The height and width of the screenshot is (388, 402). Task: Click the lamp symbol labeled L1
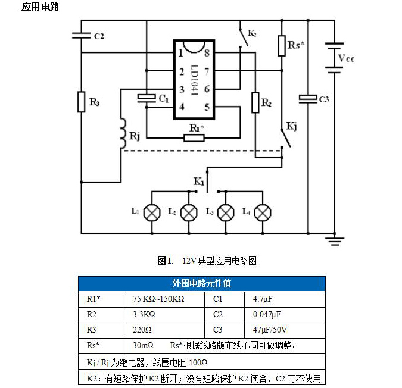153,212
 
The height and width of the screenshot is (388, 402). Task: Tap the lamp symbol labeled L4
263,212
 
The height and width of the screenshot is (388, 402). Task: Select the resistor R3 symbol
81,102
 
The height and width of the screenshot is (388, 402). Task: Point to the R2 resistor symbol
255,102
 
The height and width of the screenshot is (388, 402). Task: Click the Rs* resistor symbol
282,46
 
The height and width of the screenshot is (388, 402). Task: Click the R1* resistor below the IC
194,138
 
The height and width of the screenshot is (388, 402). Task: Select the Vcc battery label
346,58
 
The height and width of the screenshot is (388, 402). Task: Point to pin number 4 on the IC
182,107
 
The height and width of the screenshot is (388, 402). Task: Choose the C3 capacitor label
324,99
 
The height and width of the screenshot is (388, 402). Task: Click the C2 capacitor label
99,36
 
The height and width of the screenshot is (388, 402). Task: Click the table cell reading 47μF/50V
270,330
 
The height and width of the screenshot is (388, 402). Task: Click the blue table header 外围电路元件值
202,284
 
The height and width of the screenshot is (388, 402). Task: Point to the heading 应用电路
40,8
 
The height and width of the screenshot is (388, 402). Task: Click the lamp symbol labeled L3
226,212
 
